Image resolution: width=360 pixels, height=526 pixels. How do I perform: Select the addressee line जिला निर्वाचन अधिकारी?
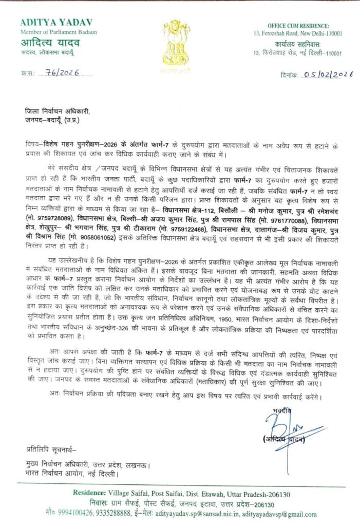[57, 110]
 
